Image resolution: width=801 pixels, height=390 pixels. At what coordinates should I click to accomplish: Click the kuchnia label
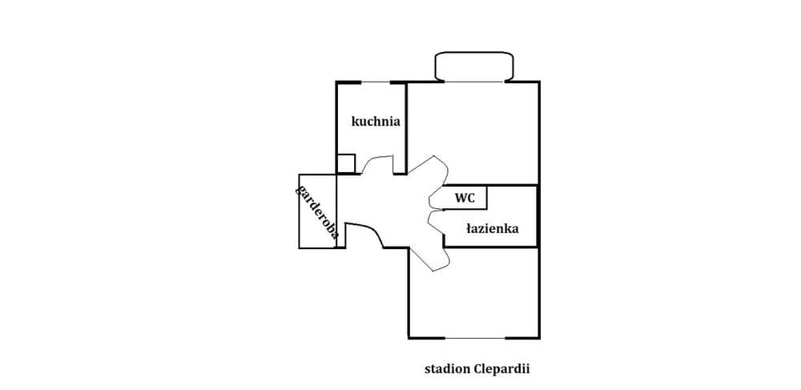pyautogui.click(x=376, y=122)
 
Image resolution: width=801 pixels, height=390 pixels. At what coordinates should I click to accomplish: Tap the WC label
pyautogui.click(x=465, y=198)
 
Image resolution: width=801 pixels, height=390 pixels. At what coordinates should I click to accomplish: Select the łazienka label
pyautogui.click(x=493, y=229)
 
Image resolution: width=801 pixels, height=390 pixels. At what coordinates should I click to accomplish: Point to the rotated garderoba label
pyautogui.click(x=316, y=212)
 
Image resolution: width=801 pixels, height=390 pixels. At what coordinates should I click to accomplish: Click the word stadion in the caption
pyautogui.click(x=448, y=368)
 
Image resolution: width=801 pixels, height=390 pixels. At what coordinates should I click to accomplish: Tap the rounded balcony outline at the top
pyautogui.click(x=473, y=52)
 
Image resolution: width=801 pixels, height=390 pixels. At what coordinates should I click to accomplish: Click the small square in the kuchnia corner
pyautogui.click(x=346, y=163)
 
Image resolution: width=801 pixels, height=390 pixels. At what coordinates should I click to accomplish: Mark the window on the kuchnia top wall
pyautogui.click(x=376, y=82)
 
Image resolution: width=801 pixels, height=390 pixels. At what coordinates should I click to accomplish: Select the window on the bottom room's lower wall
pyautogui.click(x=475, y=338)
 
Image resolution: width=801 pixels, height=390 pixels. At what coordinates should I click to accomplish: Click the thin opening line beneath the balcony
pyautogui.click(x=473, y=82)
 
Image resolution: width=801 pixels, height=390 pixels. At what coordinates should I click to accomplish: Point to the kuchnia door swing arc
pyautogui.click(x=376, y=159)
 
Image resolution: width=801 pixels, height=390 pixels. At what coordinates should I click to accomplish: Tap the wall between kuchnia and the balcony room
pyautogui.click(x=406, y=127)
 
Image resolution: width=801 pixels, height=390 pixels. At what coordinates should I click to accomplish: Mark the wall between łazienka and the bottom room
pyautogui.click(x=490, y=247)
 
